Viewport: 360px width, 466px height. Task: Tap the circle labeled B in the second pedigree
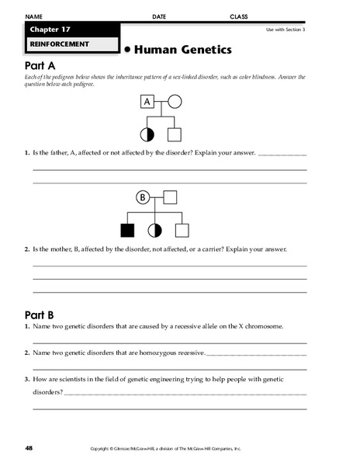143,197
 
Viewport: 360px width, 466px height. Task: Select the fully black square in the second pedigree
127,230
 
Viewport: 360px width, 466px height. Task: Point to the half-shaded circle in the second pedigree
154,230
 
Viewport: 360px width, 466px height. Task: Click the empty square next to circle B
170,197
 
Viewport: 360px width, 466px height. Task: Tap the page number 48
29,448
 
